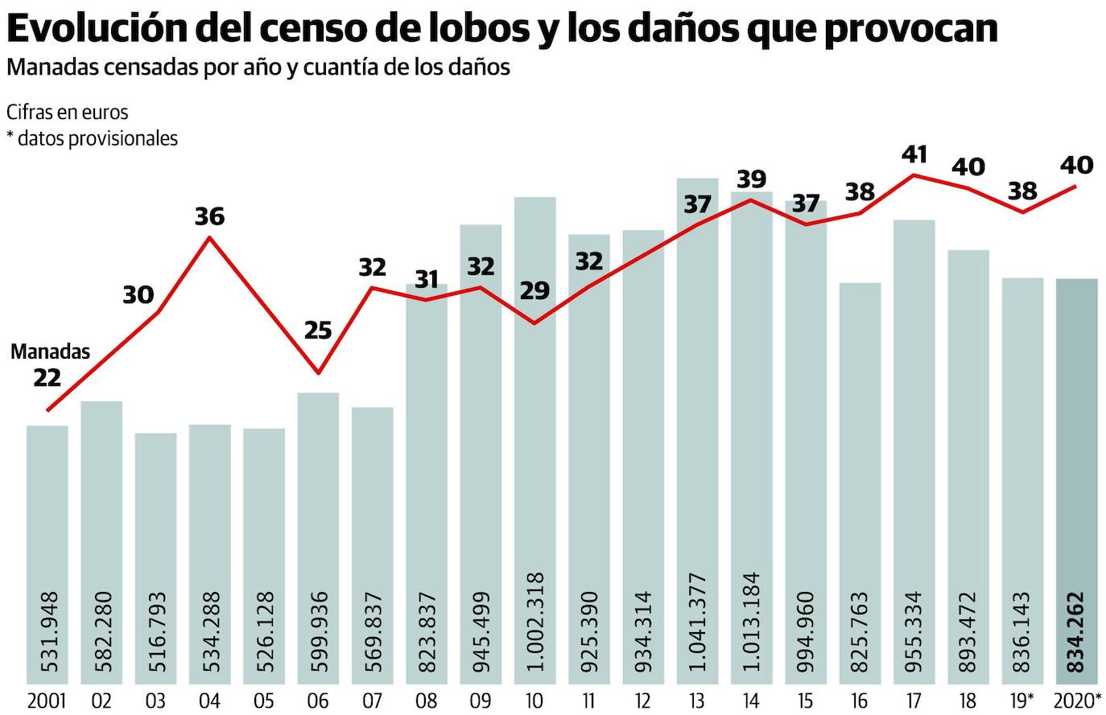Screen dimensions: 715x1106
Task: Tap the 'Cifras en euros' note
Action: tap(68, 112)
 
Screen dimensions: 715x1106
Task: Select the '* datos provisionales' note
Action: tap(92, 138)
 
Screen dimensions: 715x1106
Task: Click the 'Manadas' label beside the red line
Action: tap(50, 351)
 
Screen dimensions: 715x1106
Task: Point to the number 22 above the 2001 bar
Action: tap(47, 376)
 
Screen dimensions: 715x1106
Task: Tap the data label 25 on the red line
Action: tap(318, 330)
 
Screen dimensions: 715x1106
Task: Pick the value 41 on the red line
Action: tap(914, 154)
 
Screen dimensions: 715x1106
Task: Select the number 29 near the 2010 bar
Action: tap(534, 290)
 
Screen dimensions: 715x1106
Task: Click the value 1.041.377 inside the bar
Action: tap(698, 623)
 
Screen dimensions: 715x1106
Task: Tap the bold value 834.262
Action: tap(1075, 632)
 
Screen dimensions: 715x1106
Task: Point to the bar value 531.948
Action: tap(47, 632)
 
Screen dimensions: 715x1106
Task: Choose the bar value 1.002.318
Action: tap(535, 623)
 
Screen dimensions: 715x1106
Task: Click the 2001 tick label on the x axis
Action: tap(47, 701)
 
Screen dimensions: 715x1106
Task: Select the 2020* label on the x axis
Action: tap(1077, 701)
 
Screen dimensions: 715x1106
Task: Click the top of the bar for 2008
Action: tap(427, 286)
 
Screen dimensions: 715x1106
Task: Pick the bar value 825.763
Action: tap(860, 632)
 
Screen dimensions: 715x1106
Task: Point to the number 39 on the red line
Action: tap(751, 179)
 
